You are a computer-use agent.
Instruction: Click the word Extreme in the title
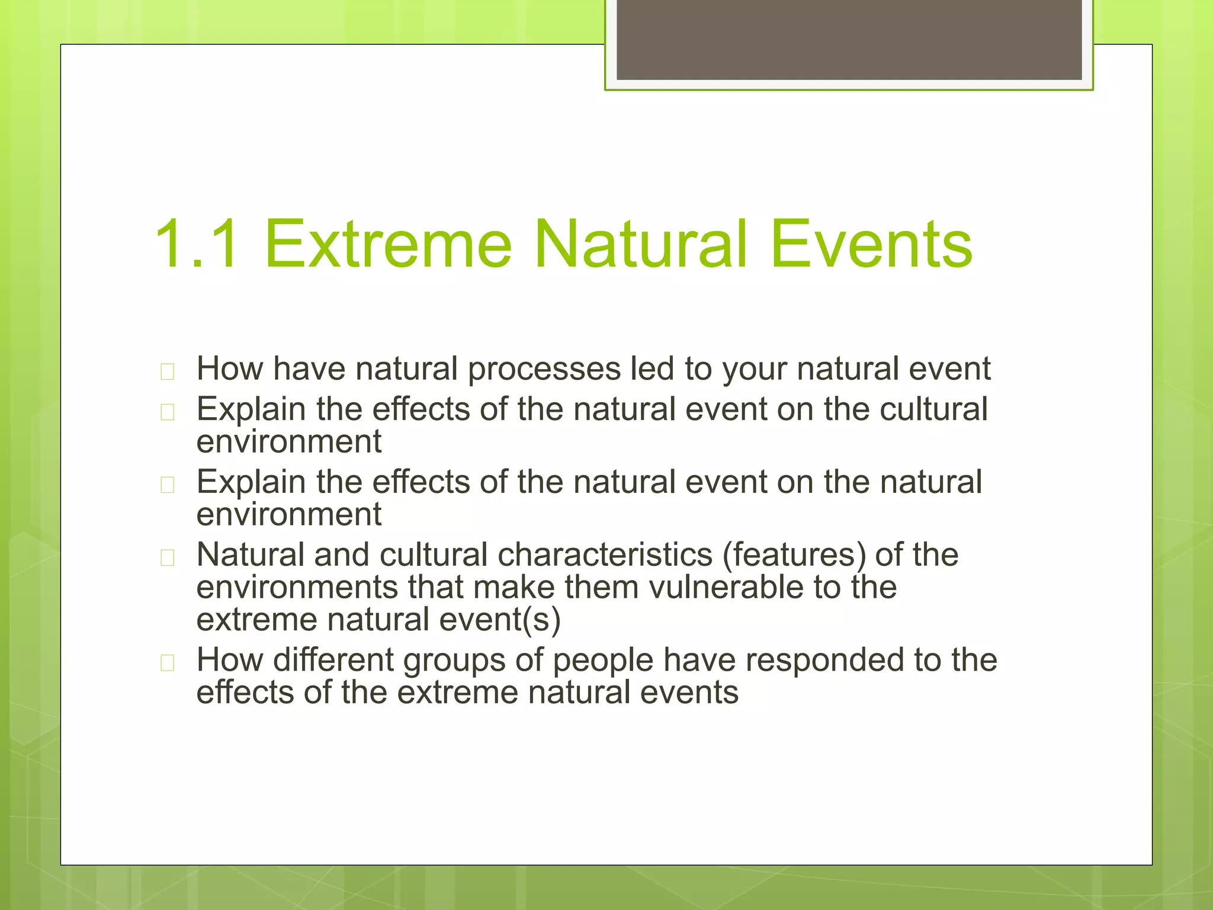pos(388,244)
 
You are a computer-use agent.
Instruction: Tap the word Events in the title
pos(871,244)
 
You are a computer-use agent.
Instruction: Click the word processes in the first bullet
pos(544,370)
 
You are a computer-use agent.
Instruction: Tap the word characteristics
pos(605,555)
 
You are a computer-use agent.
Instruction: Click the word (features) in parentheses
pos(794,555)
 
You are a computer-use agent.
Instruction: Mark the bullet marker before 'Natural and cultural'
pos(168,557)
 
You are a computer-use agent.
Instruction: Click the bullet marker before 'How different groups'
pos(168,662)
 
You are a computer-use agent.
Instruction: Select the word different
pos(333,660)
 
